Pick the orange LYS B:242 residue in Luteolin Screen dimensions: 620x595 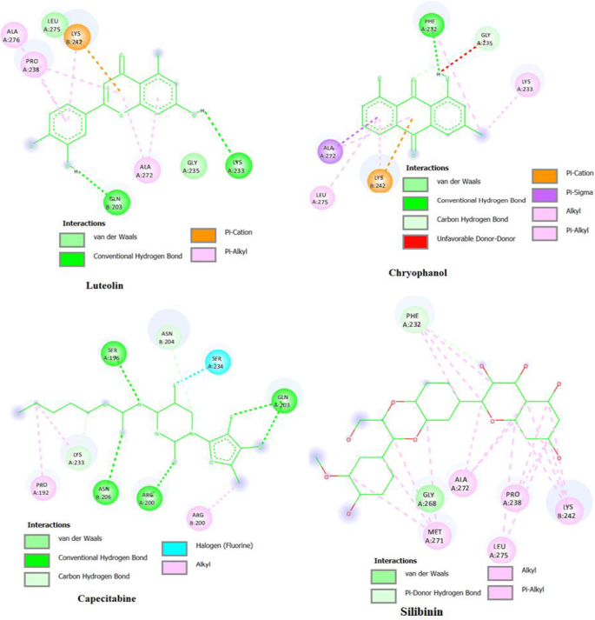click(76, 37)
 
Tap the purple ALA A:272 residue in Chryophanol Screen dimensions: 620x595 click(329, 152)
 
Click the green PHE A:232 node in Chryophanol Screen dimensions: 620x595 click(430, 25)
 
